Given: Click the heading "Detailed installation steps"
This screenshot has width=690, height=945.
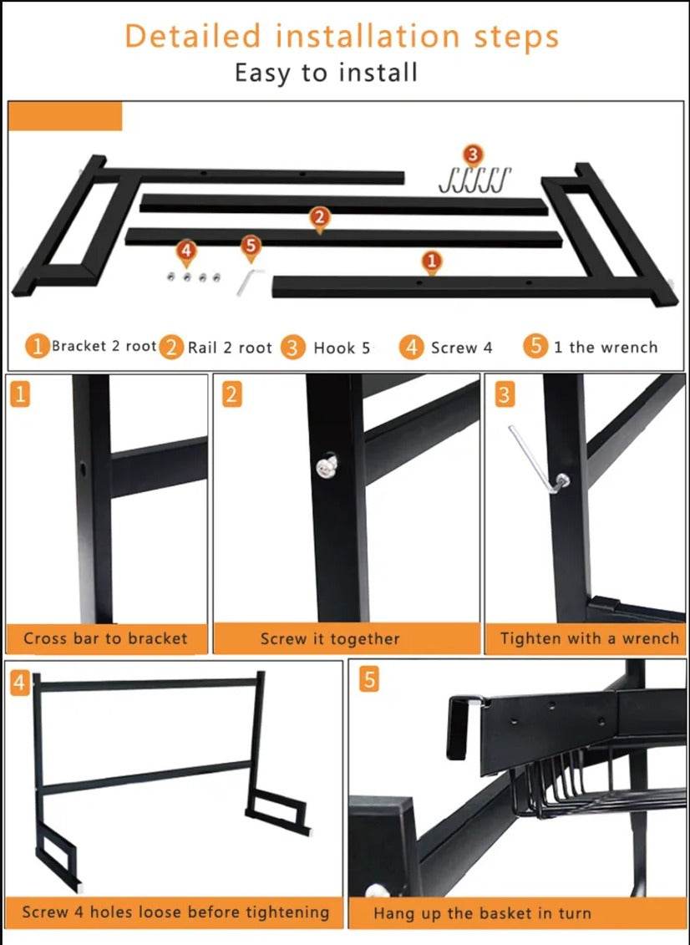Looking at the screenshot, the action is pyautogui.click(x=342, y=36).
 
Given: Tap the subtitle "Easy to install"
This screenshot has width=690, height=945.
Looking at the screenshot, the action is pyautogui.click(x=326, y=73).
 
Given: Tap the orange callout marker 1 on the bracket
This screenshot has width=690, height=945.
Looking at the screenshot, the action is pyautogui.click(x=432, y=262).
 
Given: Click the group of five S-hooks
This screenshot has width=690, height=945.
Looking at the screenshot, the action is pyautogui.click(x=474, y=180).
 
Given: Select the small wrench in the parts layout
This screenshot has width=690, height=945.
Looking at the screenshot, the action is pyautogui.click(x=248, y=282).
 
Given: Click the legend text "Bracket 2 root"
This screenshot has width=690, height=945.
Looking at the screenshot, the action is pyautogui.click(x=104, y=346).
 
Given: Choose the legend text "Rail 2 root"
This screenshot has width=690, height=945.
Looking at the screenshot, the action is pyautogui.click(x=230, y=348).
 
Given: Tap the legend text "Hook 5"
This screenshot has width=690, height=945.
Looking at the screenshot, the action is pyautogui.click(x=342, y=348).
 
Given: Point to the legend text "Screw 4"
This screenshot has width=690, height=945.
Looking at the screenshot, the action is pyautogui.click(x=462, y=348).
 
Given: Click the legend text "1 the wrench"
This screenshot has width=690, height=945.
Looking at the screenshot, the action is pyautogui.click(x=606, y=347).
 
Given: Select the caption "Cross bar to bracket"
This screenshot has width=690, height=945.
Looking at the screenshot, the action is pyautogui.click(x=105, y=638).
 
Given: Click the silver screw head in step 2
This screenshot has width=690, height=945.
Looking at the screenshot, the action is pyautogui.click(x=327, y=467).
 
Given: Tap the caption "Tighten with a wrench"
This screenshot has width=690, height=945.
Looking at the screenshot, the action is pyautogui.click(x=590, y=638).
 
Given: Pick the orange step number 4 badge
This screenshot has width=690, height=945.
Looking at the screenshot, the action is pyautogui.click(x=20, y=683).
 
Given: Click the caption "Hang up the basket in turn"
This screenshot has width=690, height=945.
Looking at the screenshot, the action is pyautogui.click(x=482, y=913).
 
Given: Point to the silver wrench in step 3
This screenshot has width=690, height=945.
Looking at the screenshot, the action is pyautogui.click(x=536, y=460).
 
